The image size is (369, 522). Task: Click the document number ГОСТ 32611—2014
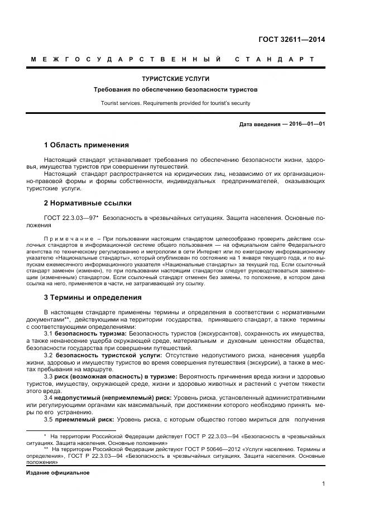pos(291,39)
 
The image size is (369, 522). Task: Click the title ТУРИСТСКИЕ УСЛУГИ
pos(176,79)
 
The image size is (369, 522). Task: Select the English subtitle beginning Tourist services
pos(176,103)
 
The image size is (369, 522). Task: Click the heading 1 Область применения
pos(86,145)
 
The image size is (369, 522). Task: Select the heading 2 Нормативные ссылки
pos(88,203)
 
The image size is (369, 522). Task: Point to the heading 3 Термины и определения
pos(92,297)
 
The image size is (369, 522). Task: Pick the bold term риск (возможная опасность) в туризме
pos(116,377)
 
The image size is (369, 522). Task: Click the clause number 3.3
pos(48,377)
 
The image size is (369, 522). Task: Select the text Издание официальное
pos(58,472)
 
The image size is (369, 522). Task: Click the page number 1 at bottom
pos(323,485)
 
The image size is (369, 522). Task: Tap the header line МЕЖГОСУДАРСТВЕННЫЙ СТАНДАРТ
pos(172,59)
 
